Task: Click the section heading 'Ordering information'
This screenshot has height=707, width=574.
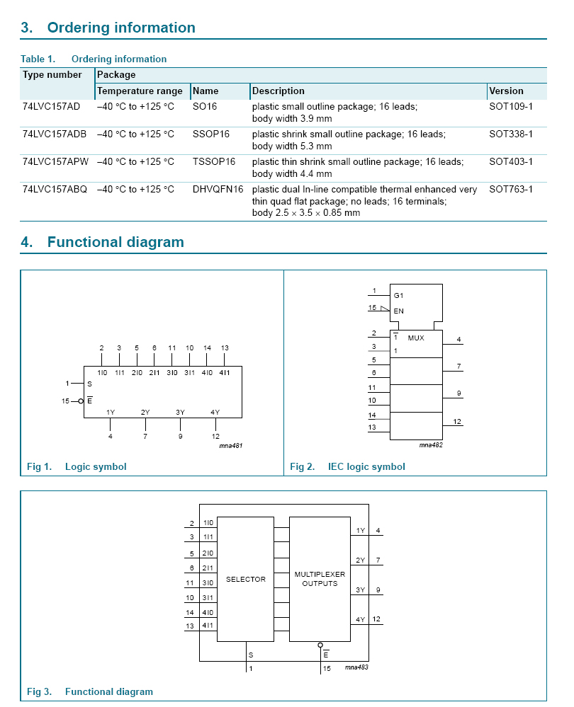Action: [120, 28]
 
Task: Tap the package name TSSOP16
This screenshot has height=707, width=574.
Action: [214, 161]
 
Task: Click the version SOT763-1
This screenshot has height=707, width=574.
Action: [511, 189]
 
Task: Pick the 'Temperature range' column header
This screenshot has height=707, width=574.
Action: [140, 91]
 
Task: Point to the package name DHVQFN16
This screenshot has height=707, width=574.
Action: [218, 189]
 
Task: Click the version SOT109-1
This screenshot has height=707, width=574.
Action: [511, 106]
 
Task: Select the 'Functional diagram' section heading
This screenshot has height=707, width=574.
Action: [116, 242]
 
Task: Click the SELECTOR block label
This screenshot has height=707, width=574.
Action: [246, 579]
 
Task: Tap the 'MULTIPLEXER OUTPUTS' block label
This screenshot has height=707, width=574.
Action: [320, 579]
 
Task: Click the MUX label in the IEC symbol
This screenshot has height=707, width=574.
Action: [416, 338]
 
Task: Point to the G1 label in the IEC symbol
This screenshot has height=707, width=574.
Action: [398, 295]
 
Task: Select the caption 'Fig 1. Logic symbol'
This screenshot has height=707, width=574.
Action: [77, 466]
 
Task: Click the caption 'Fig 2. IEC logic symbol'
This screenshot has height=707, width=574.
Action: [348, 466]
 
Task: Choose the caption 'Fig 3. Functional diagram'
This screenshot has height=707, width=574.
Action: [90, 691]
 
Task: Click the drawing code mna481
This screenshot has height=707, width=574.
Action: [231, 446]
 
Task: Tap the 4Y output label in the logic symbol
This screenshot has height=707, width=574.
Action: [215, 412]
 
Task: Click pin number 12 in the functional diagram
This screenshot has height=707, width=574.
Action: [376, 619]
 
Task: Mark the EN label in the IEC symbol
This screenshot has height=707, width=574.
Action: [398, 311]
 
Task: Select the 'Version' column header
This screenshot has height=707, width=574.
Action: [506, 91]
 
